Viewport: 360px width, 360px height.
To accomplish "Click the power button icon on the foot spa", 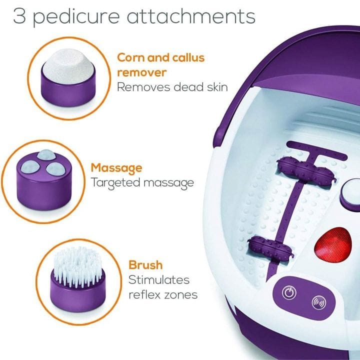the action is click(x=289, y=292).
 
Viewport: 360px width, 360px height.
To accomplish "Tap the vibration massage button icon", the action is click(x=319, y=302).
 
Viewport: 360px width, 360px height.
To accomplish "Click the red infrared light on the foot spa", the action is click(x=333, y=244).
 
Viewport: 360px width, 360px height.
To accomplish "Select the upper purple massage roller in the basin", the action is click(x=306, y=169).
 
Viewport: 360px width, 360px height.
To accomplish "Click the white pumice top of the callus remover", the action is click(x=68, y=66).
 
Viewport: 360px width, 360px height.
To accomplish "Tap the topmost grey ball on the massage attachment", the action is click(x=46, y=154).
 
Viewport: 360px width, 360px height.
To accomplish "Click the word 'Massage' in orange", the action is click(x=116, y=168).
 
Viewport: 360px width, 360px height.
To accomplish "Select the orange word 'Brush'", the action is click(x=145, y=265).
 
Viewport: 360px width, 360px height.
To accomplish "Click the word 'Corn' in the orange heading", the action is click(x=131, y=57).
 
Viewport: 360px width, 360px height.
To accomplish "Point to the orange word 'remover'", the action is click(x=141, y=73).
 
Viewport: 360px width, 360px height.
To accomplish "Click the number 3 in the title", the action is click(x=19, y=16).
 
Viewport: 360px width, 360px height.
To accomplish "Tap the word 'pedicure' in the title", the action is click(x=76, y=16).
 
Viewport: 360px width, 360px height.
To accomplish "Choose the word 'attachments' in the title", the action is click(x=191, y=16).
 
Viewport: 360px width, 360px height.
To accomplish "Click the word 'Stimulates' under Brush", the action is click(x=159, y=280).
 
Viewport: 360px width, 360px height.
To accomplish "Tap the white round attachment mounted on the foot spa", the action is click(x=351, y=191).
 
